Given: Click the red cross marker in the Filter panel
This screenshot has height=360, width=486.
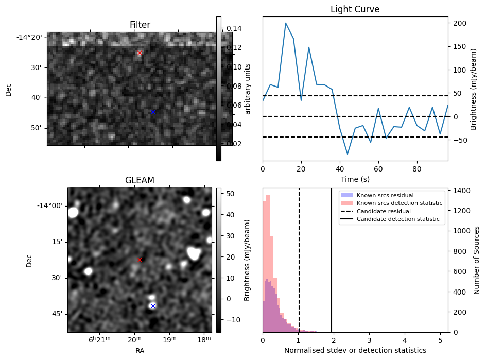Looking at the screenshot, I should tap(140, 53).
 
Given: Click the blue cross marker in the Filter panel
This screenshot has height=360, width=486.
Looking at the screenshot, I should tap(153, 112).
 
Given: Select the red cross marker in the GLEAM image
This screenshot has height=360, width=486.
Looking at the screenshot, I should tap(140, 260).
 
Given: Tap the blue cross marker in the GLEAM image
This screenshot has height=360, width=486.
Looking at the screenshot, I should tap(153, 306).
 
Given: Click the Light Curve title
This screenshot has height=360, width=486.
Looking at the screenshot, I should tap(355, 9).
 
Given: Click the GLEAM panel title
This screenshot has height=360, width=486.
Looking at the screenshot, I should tap(140, 180).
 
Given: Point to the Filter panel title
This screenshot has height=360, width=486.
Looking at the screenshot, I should tap(140, 25).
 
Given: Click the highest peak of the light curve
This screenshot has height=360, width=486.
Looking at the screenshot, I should tap(286, 23).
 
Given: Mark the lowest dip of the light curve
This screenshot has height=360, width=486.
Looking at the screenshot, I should tap(348, 154).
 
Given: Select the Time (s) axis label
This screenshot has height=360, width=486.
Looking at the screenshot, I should tap(355, 179).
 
